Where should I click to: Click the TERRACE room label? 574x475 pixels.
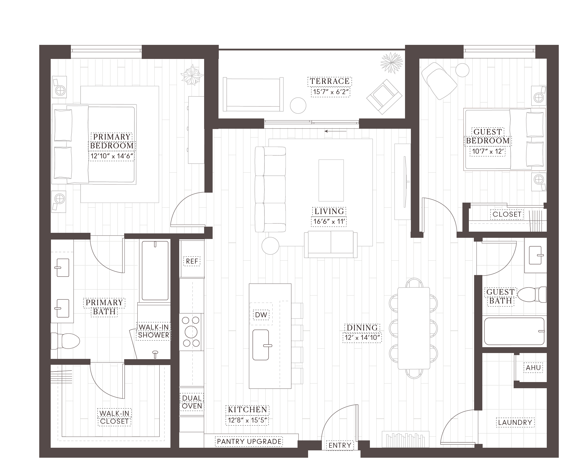pos(330,81)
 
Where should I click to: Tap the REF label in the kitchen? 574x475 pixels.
pos(192,261)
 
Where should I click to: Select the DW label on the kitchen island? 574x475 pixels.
pos(261,315)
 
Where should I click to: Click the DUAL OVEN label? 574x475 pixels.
pos(192,402)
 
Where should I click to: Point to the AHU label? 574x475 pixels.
pos(533,368)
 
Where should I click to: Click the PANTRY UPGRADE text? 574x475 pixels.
pos(249,442)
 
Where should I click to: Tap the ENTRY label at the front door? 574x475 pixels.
pos(340,445)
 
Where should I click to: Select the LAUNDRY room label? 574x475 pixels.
pos(515,422)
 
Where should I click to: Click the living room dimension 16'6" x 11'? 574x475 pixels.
pos(329,221)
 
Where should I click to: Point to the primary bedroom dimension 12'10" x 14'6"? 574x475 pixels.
pos(112,156)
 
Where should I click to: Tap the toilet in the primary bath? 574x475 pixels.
pos(65,341)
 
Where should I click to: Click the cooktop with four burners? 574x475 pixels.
pos(191,332)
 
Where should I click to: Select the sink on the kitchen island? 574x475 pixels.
pos(261,345)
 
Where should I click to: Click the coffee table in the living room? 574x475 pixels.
pos(331,180)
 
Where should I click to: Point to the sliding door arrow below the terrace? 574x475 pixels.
pos(335,131)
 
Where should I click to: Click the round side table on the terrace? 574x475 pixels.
pos(298,105)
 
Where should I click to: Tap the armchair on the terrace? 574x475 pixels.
pos(384,96)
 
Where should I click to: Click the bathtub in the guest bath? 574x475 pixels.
pos(515,331)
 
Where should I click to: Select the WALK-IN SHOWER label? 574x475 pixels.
pos(153,331)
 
